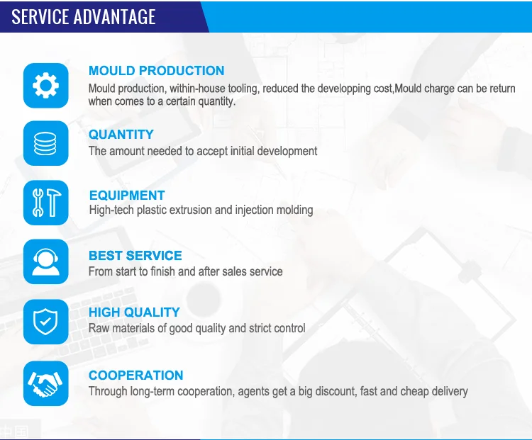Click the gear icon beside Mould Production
coord(46,86)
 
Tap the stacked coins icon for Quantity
coord(46,143)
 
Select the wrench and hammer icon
coord(46,203)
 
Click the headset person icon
coord(46,261)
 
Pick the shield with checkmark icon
coord(46,322)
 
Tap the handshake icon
coord(46,383)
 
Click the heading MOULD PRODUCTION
coord(157,71)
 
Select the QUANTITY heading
coord(121,135)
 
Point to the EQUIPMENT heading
coord(127,196)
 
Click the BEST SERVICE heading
coord(135,256)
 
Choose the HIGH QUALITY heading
coord(134,312)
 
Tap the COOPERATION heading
coord(136,376)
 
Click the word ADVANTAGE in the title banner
coord(114,16)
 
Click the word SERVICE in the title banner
coord(40,16)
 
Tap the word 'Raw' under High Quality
coord(99,328)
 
